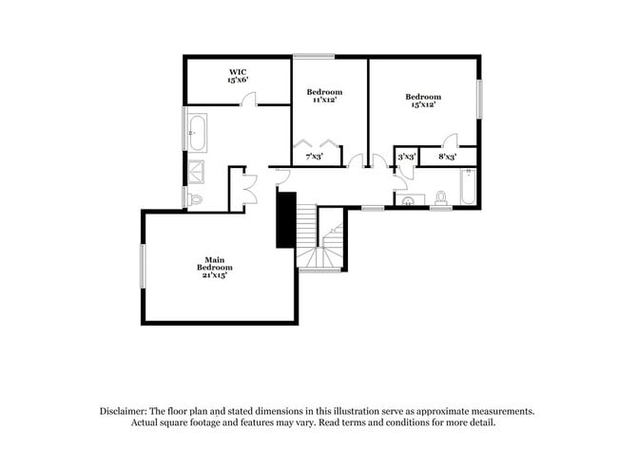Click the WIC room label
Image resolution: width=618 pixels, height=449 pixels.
click(x=237, y=72)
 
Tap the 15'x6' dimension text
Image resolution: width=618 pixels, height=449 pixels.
click(x=237, y=81)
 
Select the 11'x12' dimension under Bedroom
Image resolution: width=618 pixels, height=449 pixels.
click(x=324, y=100)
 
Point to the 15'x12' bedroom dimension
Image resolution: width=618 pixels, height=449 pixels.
click(x=423, y=104)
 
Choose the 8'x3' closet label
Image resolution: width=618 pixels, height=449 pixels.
click(x=447, y=156)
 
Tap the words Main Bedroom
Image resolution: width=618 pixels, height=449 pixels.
click(x=215, y=264)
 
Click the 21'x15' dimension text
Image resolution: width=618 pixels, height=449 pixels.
click(x=215, y=275)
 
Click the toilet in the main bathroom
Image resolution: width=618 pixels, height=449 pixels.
click(x=195, y=199)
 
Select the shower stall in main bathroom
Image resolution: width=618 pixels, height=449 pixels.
click(x=197, y=171)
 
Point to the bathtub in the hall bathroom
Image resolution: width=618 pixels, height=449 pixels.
click(x=468, y=187)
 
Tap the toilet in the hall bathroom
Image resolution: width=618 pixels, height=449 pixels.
click(x=440, y=197)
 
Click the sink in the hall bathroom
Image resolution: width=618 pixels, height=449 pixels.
click(x=407, y=201)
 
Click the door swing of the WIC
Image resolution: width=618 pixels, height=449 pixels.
click(x=244, y=99)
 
